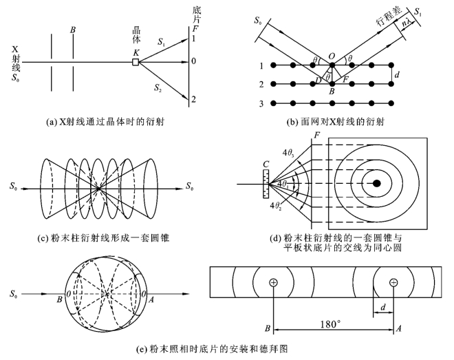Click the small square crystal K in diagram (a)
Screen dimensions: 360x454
click(x=136, y=62)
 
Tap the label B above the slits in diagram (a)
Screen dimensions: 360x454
click(x=72, y=30)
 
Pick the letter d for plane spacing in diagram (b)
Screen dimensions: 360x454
click(x=399, y=75)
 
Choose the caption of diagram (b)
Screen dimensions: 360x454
click(x=339, y=123)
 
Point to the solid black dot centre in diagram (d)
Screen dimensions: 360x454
click(x=377, y=183)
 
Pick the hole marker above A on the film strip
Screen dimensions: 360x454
click(x=393, y=282)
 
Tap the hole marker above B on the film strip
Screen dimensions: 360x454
click(x=274, y=282)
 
